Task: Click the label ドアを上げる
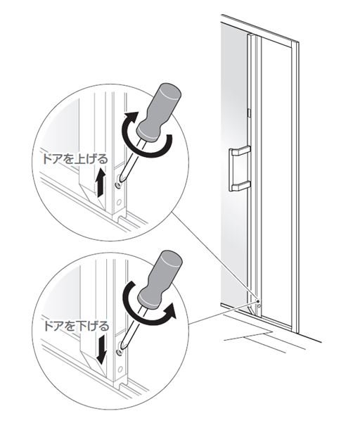(75, 159)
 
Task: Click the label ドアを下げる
(76, 327)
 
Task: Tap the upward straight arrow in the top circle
(100, 182)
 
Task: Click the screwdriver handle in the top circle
(160, 112)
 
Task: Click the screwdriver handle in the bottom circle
(160, 279)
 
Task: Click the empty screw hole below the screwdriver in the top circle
(118, 201)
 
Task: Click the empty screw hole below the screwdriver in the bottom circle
(120, 370)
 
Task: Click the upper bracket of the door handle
(240, 151)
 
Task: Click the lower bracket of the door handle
(240, 186)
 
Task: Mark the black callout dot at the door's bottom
(258, 301)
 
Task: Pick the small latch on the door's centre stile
(249, 113)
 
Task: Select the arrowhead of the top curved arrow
(131, 117)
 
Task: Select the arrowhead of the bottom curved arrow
(170, 310)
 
